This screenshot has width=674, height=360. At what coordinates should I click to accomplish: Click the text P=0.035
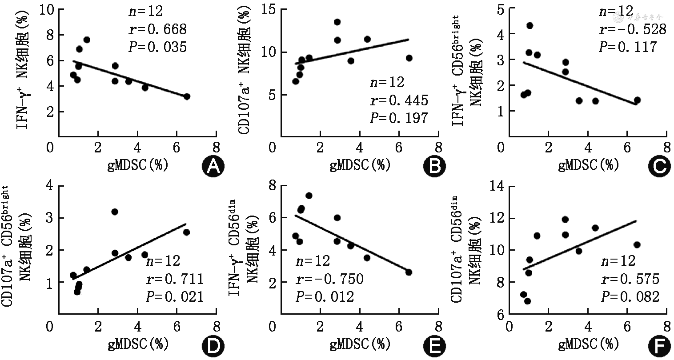[157, 46]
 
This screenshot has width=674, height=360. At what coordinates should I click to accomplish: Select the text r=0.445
[399, 100]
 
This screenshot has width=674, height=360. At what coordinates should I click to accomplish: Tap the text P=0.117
[627, 46]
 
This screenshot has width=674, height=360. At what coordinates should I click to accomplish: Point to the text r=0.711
[175, 280]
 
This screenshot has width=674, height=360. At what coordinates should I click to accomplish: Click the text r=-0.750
[329, 280]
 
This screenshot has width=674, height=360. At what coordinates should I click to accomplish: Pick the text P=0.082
[630, 296]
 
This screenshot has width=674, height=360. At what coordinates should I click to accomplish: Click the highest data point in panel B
[337, 22]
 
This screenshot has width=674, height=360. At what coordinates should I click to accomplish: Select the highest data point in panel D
[115, 212]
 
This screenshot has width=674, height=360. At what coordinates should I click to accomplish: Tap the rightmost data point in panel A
[187, 96]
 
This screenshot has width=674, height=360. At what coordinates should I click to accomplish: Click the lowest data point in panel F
[528, 301]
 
